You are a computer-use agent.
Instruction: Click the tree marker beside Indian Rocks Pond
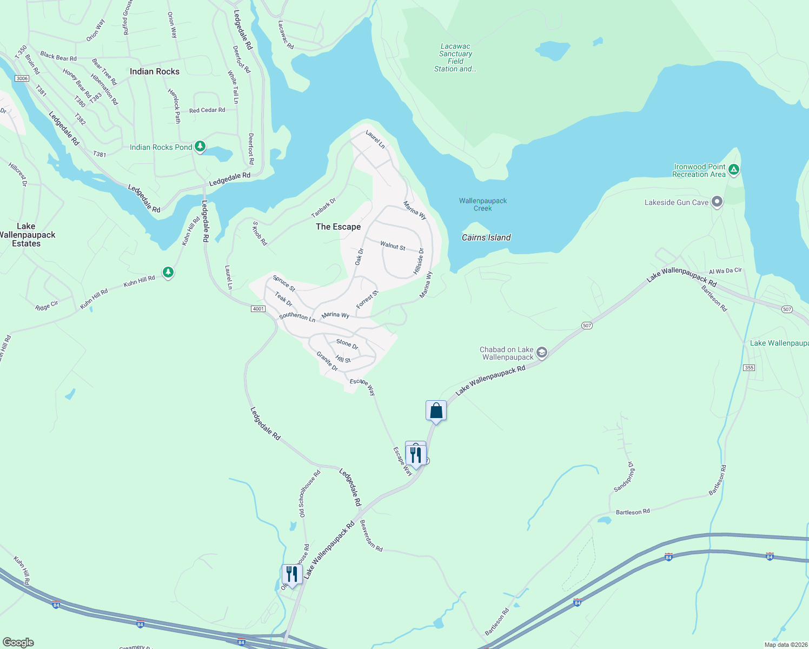tap(200, 146)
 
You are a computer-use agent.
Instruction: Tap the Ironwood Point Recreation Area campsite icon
tap(734, 170)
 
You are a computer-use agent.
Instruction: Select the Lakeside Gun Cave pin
tap(717, 202)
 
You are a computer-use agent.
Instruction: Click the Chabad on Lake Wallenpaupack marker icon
tap(542, 353)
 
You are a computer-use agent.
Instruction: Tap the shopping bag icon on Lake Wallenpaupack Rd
tap(436, 411)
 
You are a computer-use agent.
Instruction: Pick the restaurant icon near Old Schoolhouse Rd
tap(291, 574)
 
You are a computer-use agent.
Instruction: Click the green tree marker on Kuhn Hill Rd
tap(168, 271)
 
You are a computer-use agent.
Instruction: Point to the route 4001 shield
tap(258, 309)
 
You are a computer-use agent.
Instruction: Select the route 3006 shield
tap(22, 78)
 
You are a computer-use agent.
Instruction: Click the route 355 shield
tap(749, 368)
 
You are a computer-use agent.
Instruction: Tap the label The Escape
tap(338, 227)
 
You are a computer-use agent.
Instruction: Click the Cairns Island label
tap(486, 237)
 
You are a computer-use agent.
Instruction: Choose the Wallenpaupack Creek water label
tap(483, 204)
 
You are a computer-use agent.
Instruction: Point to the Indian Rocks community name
tap(155, 71)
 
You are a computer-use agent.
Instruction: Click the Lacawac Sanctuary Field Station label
tap(455, 58)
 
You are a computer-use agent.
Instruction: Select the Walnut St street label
tap(393, 246)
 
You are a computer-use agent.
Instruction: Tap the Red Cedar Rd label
tap(207, 110)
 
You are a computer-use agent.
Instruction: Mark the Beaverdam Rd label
tap(372, 536)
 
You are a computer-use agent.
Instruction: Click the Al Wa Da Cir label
tap(725, 271)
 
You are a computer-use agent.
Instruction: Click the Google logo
tap(18, 643)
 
